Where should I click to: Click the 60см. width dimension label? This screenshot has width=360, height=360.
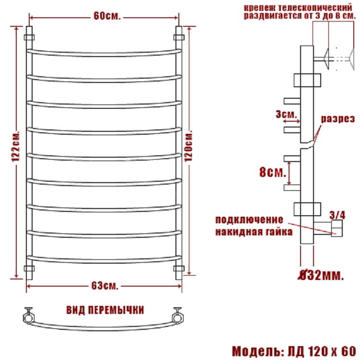(x=107, y=16)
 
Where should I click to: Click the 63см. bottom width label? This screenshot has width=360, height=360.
(x=105, y=286)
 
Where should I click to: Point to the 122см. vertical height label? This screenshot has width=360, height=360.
(x=16, y=146)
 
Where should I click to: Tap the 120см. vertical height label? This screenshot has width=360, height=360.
(x=188, y=146)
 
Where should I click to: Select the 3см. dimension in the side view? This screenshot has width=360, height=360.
(x=286, y=114)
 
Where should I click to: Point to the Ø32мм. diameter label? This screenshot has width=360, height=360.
(x=321, y=275)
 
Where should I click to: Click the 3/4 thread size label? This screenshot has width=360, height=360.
(x=337, y=215)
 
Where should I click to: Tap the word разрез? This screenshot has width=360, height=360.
(x=338, y=119)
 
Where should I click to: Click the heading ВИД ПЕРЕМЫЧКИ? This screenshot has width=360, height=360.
(x=105, y=310)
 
